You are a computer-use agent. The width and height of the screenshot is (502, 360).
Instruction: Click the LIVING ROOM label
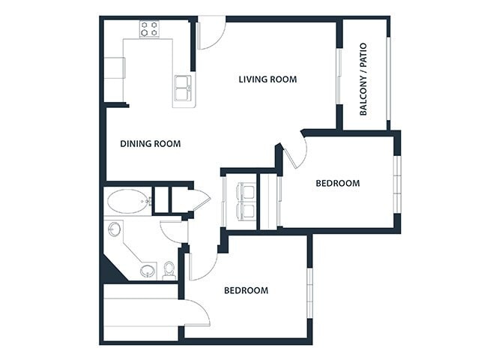[x=267, y=79]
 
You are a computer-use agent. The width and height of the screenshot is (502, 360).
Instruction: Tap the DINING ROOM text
[x=150, y=143]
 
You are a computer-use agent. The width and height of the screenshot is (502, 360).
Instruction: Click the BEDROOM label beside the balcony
[x=337, y=183]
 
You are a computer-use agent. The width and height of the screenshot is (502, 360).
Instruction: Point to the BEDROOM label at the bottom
[x=246, y=290]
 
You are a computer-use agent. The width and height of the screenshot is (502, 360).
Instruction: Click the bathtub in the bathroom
[x=128, y=201]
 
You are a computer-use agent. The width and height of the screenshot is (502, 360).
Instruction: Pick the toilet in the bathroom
[x=169, y=269]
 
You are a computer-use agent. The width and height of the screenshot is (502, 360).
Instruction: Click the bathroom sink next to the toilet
[x=148, y=270]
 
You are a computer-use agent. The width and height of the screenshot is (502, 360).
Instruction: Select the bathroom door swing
[x=172, y=230]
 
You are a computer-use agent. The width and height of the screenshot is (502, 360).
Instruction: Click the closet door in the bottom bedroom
[x=195, y=312]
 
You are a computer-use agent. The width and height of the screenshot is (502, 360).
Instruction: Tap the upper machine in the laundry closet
[x=245, y=191]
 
